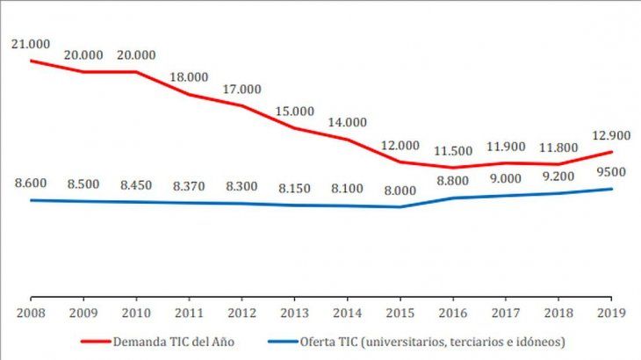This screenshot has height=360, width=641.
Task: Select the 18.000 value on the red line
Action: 189,77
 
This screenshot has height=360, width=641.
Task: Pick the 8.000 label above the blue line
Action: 400,191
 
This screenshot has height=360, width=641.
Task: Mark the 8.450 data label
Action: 136,184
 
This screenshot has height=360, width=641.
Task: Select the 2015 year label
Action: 400,311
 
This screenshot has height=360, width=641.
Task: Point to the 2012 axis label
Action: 241,311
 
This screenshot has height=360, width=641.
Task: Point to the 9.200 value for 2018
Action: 559,176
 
